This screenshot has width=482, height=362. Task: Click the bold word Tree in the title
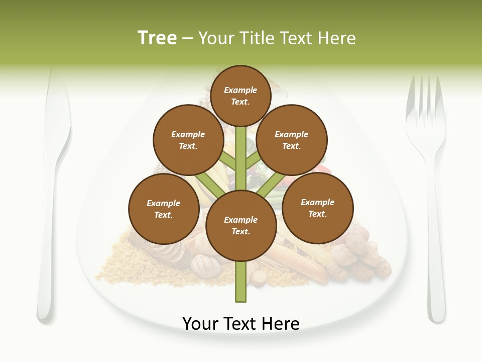coord(157,38)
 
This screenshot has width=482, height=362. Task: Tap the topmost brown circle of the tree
coord(240,96)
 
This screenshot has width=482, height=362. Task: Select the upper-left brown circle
coord(188,140)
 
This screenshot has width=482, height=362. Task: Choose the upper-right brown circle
coord(292,140)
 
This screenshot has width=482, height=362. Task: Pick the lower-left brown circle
coord(164,209)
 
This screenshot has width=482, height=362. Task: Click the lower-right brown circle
coord(317,208)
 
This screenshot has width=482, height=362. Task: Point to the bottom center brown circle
coord(241,225)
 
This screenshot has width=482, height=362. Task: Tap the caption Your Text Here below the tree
coord(241,324)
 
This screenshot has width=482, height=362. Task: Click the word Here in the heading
coord(338,38)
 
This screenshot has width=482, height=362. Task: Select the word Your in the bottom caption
coord(201,324)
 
